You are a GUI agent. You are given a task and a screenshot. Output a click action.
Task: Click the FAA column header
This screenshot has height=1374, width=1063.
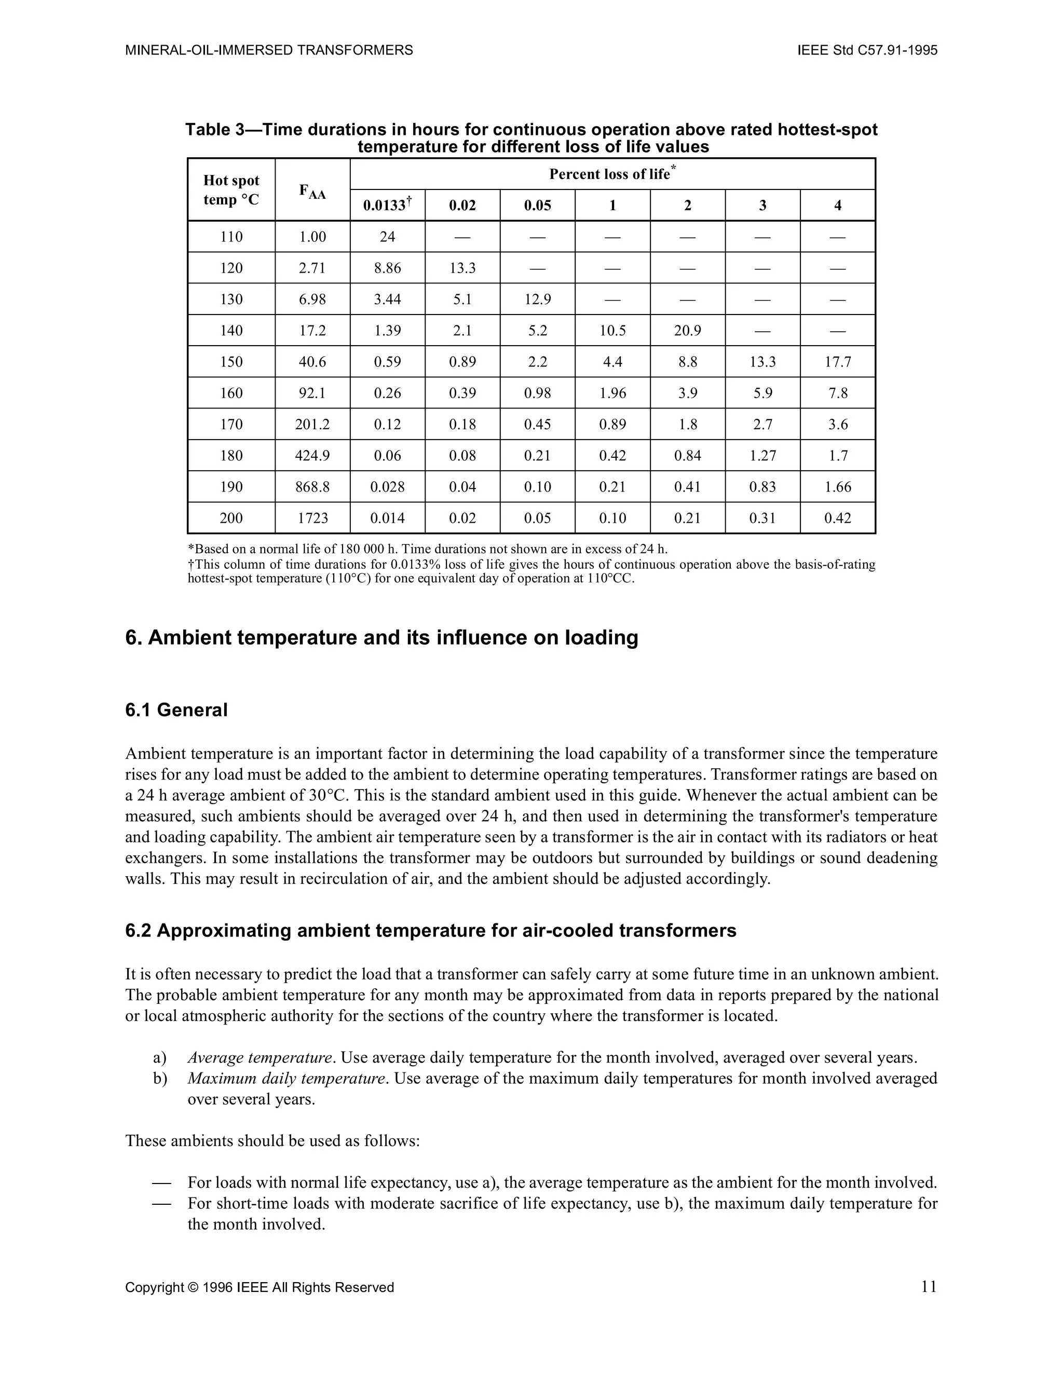coord(312,191)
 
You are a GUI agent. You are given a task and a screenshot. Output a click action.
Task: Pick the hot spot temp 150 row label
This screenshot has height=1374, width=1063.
coord(231,362)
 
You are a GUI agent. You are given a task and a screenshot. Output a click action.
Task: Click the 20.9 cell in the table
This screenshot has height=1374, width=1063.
coord(688,330)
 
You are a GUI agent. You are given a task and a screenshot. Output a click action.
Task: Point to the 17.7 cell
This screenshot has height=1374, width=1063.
coord(837,362)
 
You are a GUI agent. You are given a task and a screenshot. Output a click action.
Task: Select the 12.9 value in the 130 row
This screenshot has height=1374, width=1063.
coord(537,300)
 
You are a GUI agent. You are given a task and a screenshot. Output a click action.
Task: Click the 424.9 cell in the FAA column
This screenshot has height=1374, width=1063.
coord(312,455)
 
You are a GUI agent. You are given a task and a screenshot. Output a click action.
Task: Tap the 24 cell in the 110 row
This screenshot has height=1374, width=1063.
coord(387,237)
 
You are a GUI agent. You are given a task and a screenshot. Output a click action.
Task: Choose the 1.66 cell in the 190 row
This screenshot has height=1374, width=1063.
coord(837,487)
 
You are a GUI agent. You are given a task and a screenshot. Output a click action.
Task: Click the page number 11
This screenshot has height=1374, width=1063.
coord(929,1287)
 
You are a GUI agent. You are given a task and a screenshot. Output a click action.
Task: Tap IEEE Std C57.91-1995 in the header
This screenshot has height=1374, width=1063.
coord(867,50)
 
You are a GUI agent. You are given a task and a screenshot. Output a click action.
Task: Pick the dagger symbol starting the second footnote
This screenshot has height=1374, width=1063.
coord(190,565)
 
